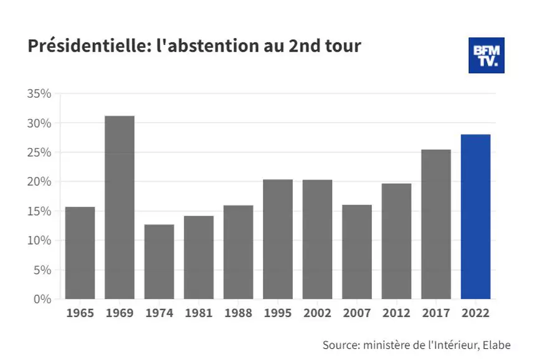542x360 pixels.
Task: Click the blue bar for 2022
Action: (475, 217)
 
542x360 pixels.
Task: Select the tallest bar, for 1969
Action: (120, 207)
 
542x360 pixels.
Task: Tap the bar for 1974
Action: (159, 262)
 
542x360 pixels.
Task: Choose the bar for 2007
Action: (357, 252)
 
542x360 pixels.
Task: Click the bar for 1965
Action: (80, 253)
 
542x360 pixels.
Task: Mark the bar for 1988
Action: (238, 252)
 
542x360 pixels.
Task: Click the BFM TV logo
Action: (486, 55)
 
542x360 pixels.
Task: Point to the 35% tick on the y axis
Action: (39, 94)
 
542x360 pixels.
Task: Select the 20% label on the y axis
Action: (39, 182)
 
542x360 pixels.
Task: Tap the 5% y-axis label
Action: (42, 270)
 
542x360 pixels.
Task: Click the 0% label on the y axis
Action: (42, 300)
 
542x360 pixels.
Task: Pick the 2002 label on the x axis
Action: (317, 313)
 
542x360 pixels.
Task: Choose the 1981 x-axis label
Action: (199, 313)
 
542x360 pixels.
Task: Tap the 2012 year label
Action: (396, 313)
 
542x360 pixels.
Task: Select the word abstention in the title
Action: (216, 46)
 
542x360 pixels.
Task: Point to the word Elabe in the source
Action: (497, 344)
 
